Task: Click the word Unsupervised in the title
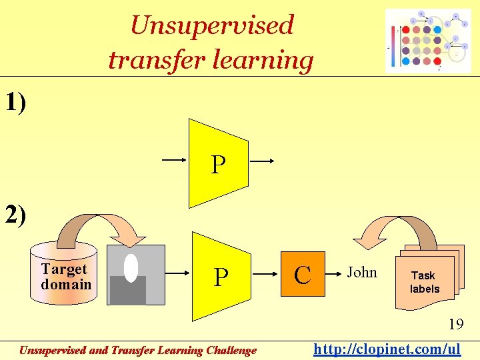pos(212,25)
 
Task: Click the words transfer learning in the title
pos(211,60)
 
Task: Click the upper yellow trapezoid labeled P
pos(218,163)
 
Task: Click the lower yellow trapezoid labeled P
pos(219,275)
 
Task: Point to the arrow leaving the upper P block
pos(262,161)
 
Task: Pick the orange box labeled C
pos(303,274)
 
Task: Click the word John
pos(362,273)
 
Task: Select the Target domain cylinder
pos(64,274)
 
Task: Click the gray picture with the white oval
pos(135,274)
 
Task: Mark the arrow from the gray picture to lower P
pos(178,273)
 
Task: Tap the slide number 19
pos(455,325)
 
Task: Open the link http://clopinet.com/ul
pos(387,349)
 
